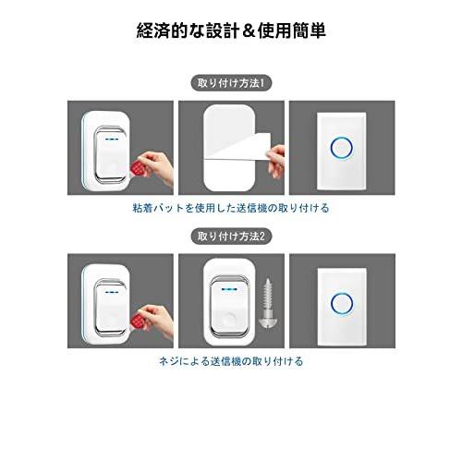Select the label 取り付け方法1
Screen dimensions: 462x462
[231, 82]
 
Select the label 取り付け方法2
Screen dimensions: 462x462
[231, 236]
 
